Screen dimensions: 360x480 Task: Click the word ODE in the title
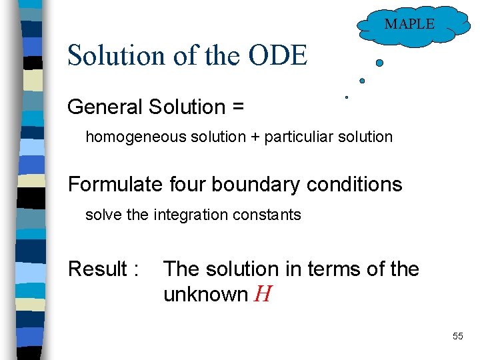coord(278,55)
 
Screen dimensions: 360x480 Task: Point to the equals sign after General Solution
coord(238,107)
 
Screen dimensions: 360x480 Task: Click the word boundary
coord(252,184)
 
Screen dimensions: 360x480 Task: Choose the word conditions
coord(354,184)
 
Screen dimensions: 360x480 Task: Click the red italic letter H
coord(262,295)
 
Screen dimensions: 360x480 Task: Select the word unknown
coord(205,295)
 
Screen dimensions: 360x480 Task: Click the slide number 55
coord(457,336)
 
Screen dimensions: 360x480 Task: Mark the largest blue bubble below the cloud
coord(379,63)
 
